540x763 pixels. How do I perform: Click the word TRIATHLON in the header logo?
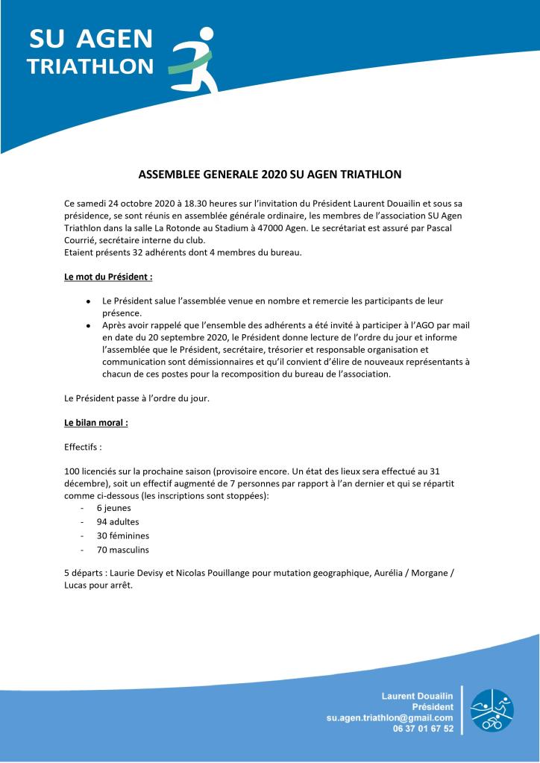(90, 67)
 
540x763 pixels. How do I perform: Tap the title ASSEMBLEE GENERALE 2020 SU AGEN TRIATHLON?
(270, 175)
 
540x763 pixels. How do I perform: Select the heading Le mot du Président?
(108, 276)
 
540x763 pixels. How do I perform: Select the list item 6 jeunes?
(113, 508)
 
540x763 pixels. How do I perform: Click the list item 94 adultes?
(117, 521)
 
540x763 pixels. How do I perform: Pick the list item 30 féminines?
(123, 536)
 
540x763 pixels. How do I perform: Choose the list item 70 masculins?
(123, 550)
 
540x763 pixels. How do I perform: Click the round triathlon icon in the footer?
(492, 709)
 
